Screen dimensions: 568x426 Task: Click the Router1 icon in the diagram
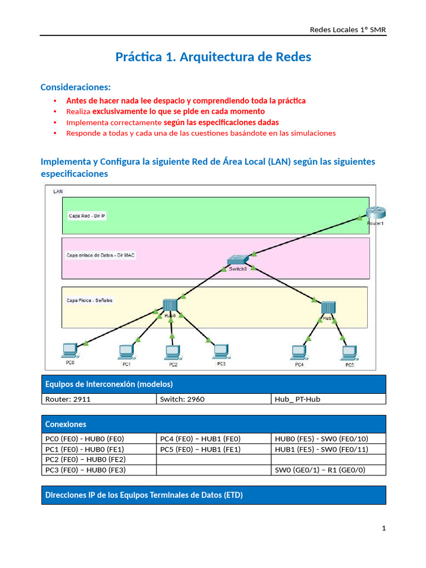[376, 213]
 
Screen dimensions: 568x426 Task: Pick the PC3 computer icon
[221, 351]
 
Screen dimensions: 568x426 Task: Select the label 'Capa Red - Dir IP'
[85, 216]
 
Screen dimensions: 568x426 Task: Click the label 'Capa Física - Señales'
[89, 300]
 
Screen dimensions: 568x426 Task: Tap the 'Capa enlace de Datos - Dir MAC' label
[100, 255]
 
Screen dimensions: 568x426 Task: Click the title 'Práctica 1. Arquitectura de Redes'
[213, 57]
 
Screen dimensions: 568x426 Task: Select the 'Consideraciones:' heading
[75, 87]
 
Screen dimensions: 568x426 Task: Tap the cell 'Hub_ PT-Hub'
[297, 399]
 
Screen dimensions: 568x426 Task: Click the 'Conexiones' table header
[65, 424]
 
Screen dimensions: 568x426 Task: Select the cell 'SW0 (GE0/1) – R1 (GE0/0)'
[321, 470]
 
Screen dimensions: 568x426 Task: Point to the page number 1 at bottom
[383, 529]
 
